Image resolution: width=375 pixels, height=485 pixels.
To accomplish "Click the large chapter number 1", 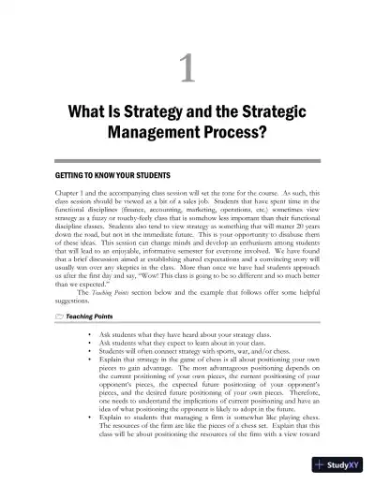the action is [x=187, y=68].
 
